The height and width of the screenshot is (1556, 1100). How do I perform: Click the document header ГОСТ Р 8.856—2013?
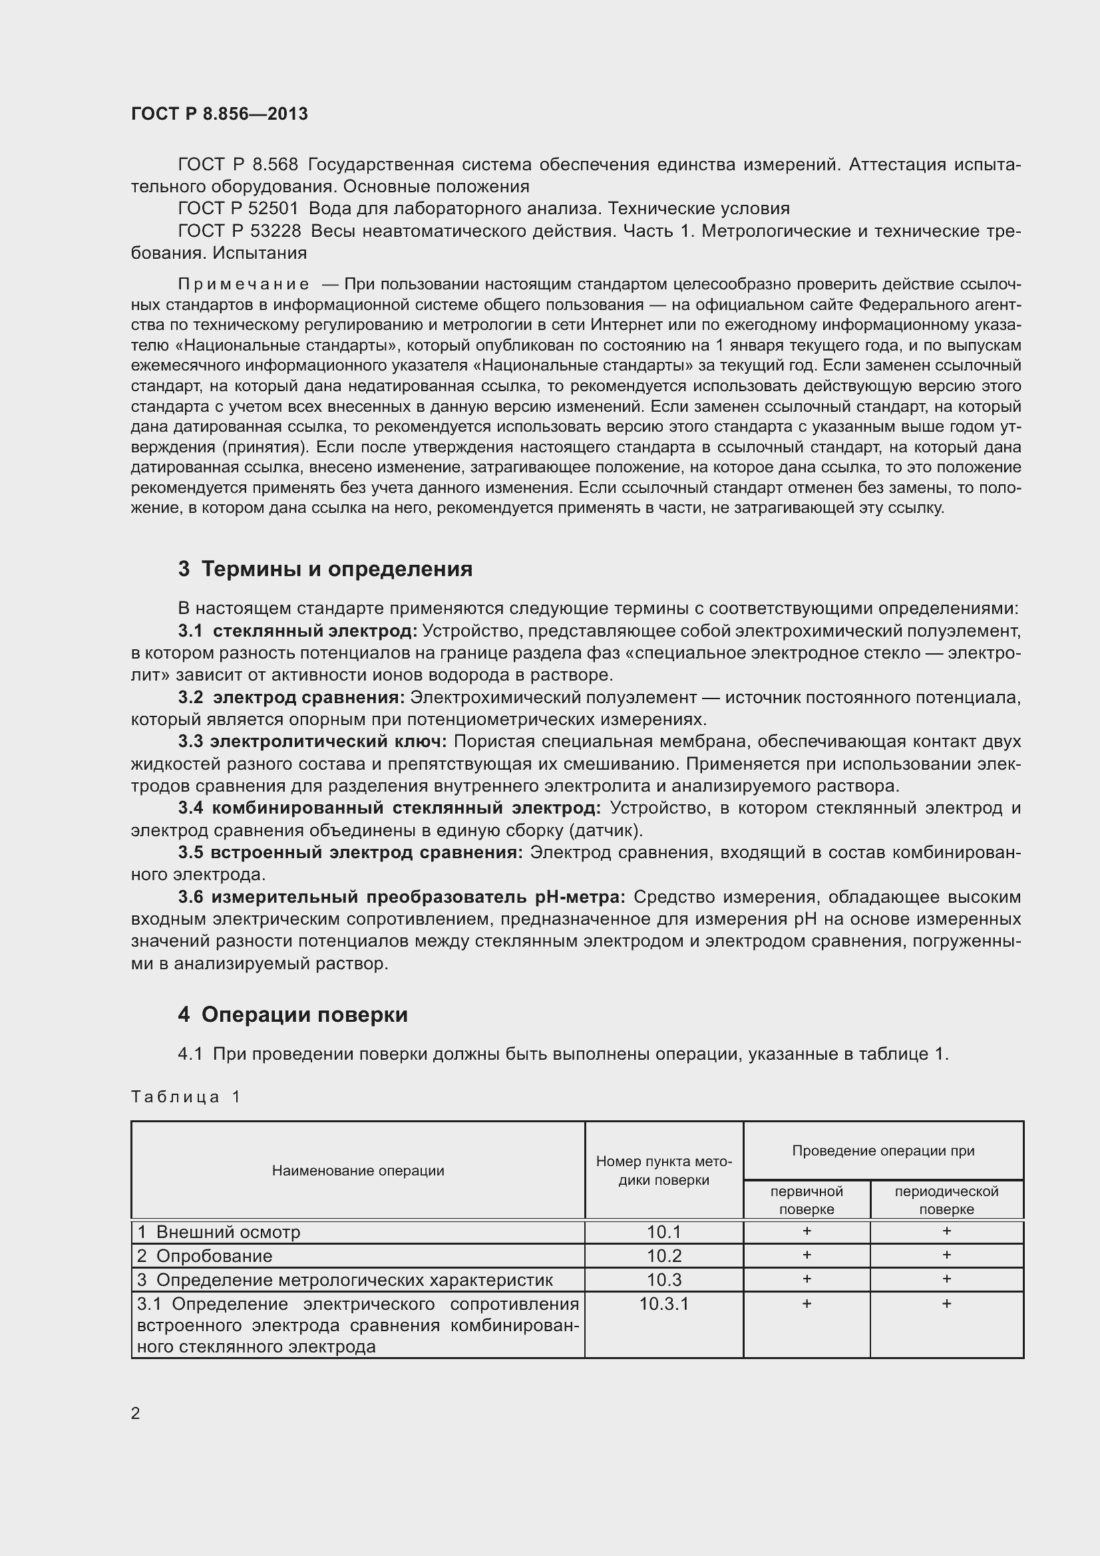219,114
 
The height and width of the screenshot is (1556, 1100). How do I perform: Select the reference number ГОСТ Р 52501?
238,208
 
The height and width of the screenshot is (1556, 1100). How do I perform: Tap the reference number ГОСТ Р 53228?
240,231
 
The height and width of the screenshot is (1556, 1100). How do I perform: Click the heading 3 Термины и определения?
325,569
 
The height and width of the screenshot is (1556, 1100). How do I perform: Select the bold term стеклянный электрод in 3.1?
315,631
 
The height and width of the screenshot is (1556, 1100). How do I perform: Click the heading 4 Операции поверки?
293,1014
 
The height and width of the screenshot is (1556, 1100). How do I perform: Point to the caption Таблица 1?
186,1096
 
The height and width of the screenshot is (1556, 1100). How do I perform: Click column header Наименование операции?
358,1170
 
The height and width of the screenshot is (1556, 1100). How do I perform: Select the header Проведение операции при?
883,1150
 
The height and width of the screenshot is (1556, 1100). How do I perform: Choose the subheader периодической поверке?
946,1200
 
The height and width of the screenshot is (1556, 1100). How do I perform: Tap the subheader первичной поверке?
807,1200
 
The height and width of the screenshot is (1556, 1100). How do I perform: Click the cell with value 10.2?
663,1256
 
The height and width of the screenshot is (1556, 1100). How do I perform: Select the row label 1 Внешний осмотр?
218,1232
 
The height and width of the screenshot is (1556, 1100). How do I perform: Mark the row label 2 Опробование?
205,1256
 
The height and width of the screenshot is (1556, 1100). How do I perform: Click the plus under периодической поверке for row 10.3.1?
946,1303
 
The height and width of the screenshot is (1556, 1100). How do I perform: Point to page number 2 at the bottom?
136,1413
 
